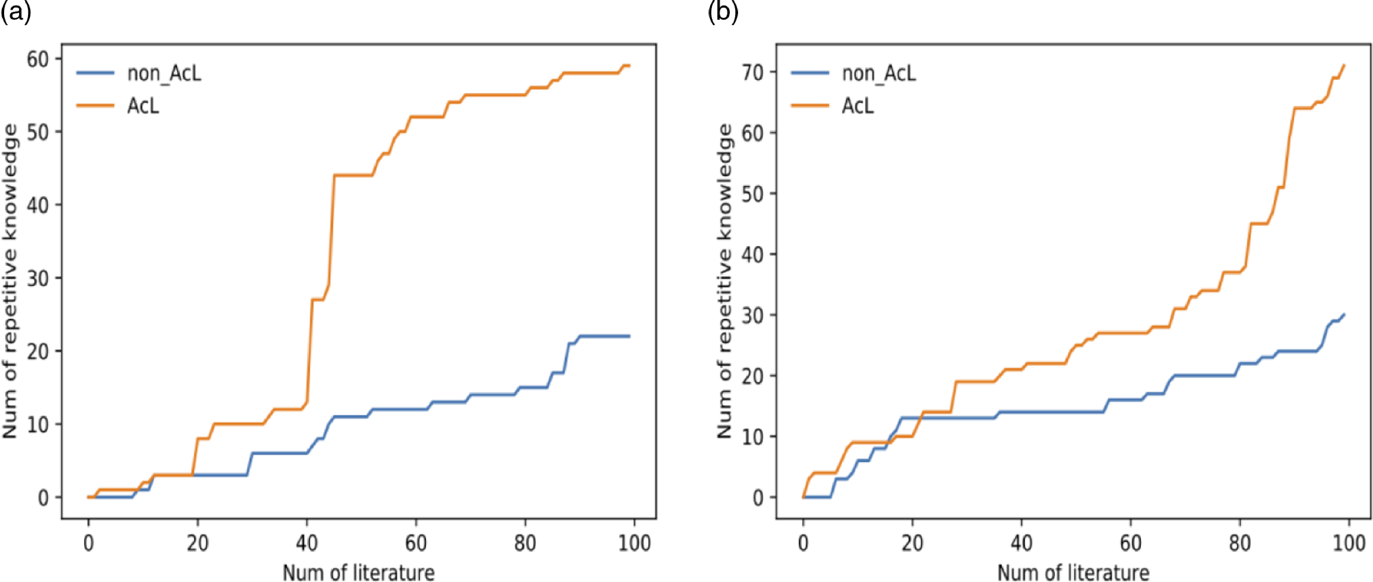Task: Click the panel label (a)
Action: tap(16, 12)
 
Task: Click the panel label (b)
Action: tap(723, 12)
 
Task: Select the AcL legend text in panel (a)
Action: tap(143, 106)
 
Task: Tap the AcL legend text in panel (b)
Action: tap(858, 106)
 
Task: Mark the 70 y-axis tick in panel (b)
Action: tap(753, 72)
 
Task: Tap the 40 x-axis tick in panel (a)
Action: tap(306, 543)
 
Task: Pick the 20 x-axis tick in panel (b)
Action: tap(912, 543)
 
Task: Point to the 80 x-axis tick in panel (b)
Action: tap(1240, 543)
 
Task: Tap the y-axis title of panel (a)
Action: tap(10, 281)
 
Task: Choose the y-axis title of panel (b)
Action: tap(725, 281)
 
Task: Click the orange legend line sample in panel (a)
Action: tap(95, 105)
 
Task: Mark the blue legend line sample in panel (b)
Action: tap(810, 73)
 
